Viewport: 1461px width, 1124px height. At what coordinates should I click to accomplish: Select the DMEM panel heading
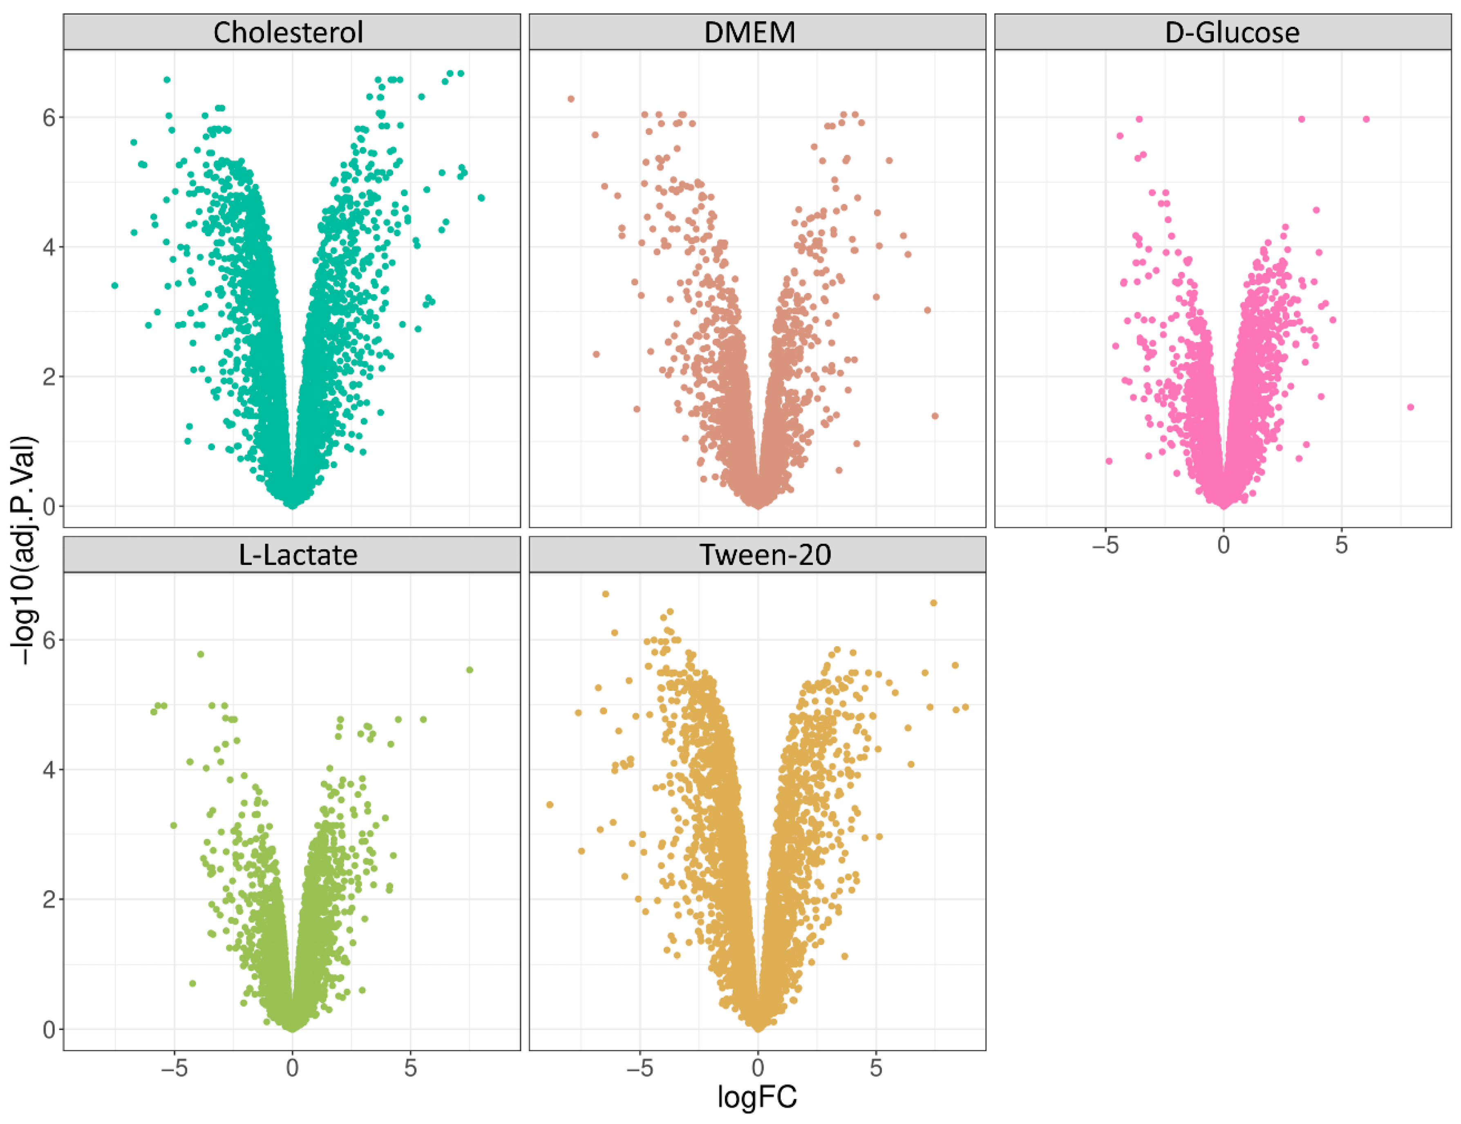pyautogui.click(x=750, y=32)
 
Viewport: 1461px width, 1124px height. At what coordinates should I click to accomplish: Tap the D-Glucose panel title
pyautogui.click(x=1232, y=32)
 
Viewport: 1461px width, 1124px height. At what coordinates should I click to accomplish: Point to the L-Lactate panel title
pyautogui.click(x=298, y=555)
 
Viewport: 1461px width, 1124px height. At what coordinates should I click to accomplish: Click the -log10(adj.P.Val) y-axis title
pyautogui.click(x=25, y=550)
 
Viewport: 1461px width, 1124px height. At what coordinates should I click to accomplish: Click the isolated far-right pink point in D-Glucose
pyautogui.click(x=1410, y=407)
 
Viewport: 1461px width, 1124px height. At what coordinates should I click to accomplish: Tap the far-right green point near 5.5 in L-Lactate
pyautogui.click(x=470, y=670)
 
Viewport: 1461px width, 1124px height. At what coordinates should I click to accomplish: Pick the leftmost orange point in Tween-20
pyautogui.click(x=550, y=804)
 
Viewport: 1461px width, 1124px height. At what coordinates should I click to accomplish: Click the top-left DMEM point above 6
pyautogui.click(x=571, y=99)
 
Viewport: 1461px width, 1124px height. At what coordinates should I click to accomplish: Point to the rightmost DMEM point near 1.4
pyautogui.click(x=935, y=416)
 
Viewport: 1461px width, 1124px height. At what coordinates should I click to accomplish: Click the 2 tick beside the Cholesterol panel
pyautogui.click(x=49, y=377)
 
